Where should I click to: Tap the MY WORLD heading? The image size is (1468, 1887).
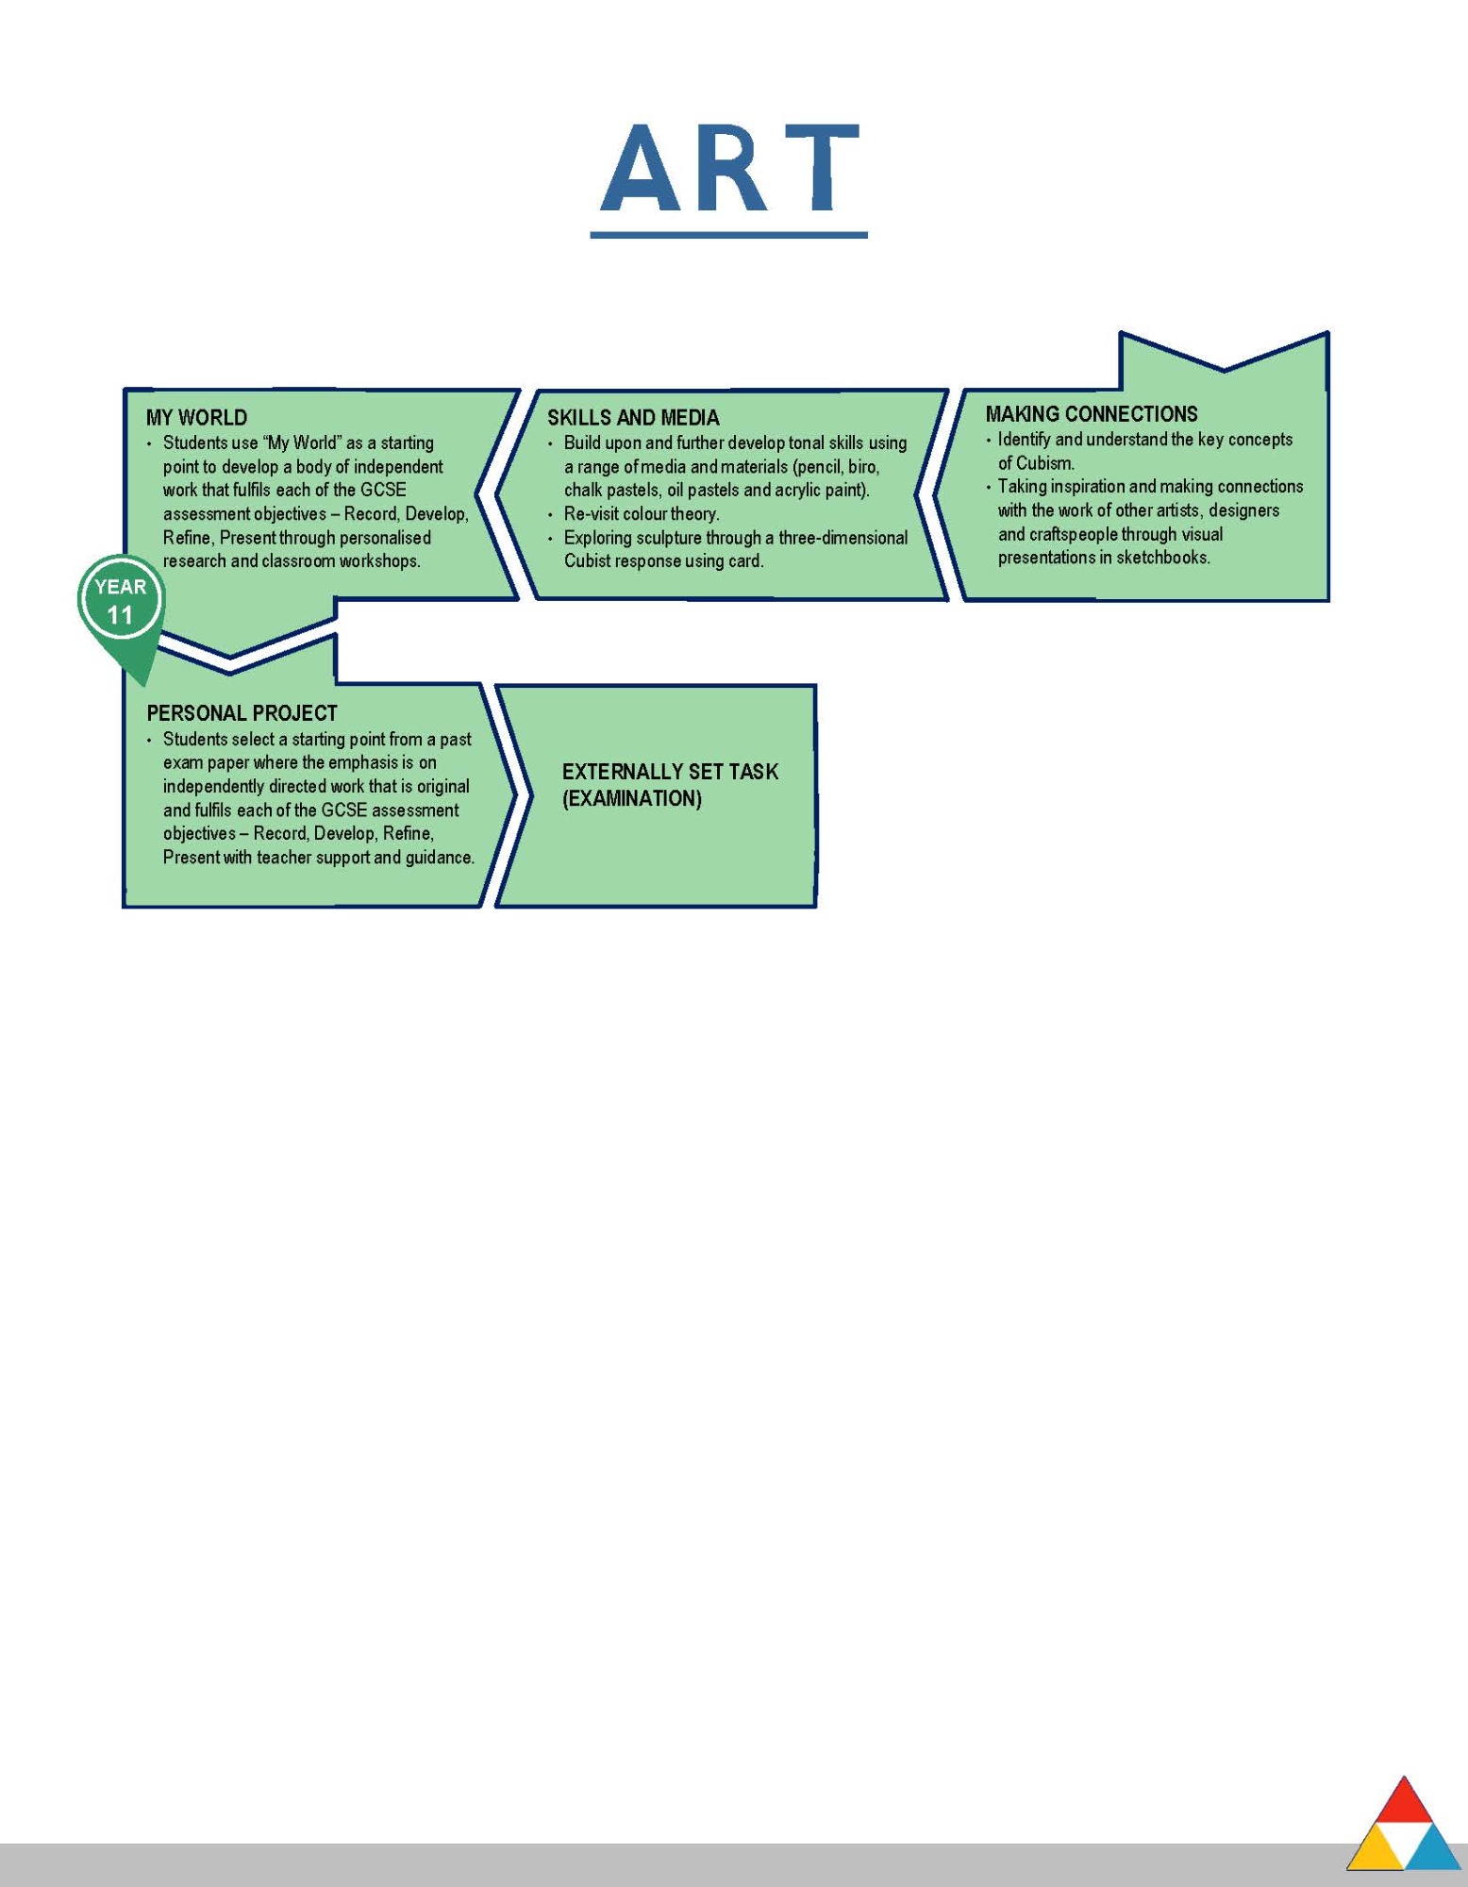196,418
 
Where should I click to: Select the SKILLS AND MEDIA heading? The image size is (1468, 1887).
633,418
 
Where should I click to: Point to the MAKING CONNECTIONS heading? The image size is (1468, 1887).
1092,414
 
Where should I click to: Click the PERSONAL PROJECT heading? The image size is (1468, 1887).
242,713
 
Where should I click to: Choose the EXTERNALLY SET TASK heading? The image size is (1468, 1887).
670,772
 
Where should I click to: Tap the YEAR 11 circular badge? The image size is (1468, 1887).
120,600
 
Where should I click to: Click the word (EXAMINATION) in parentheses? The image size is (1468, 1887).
632,798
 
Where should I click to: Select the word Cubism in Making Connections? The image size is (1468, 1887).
1044,463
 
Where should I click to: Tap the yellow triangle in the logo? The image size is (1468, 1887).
1376,1848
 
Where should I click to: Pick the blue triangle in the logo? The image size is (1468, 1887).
1432,1848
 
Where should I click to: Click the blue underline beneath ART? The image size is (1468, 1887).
729,234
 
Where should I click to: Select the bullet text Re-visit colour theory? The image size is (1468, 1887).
642,514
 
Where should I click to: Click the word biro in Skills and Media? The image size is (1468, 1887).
862,467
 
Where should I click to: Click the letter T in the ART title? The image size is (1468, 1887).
822,168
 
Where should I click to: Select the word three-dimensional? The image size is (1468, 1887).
842,538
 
